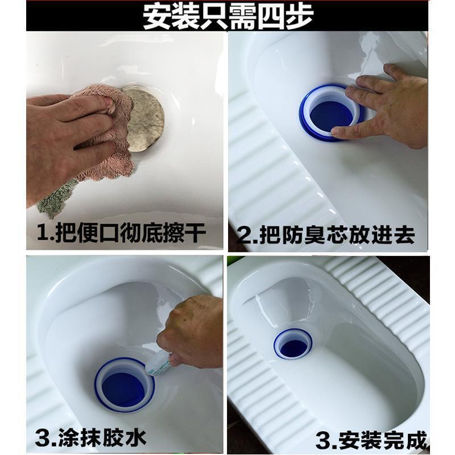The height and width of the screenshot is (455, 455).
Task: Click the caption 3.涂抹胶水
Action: click(91, 438)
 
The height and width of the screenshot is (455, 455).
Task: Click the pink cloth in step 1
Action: click(108, 131)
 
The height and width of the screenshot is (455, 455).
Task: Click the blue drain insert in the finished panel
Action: click(293, 345)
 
